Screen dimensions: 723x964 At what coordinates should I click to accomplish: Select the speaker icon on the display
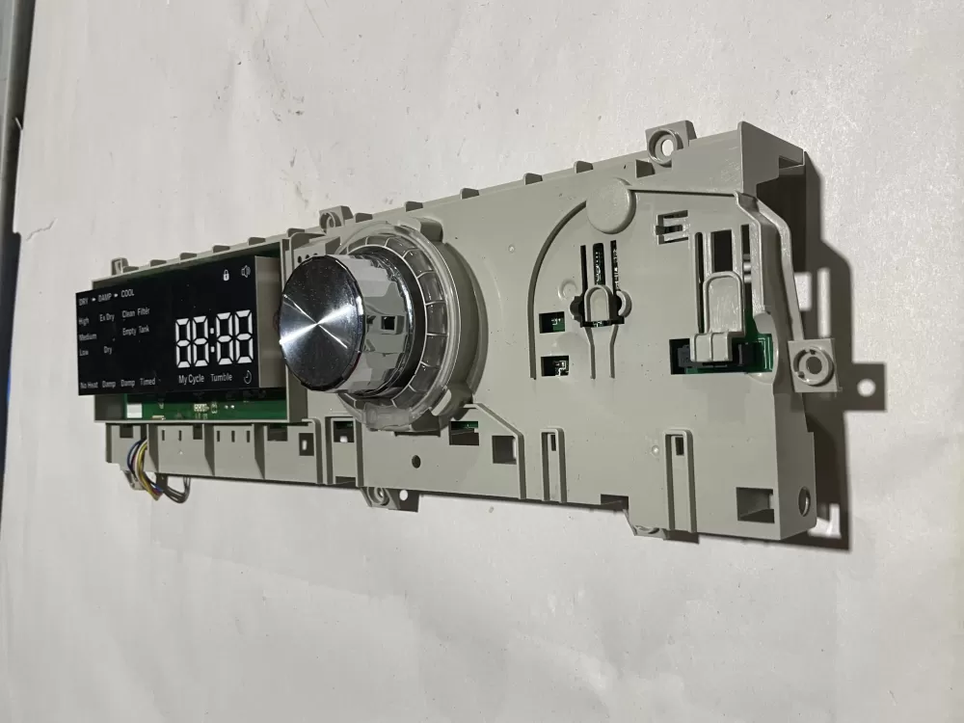(247, 273)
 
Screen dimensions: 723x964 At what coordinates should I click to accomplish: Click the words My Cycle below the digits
(191, 379)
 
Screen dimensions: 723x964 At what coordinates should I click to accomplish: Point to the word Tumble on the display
(222, 378)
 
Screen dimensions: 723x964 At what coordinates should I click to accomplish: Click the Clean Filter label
(136, 312)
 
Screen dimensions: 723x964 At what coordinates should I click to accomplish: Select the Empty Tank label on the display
(135, 331)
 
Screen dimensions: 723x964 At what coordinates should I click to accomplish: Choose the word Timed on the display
(147, 382)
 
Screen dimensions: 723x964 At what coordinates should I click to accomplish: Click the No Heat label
(88, 384)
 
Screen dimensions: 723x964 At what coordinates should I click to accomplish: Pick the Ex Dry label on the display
(107, 316)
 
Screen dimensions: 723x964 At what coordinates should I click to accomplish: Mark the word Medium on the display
(87, 336)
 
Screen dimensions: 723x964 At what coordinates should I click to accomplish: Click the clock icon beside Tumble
(247, 378)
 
